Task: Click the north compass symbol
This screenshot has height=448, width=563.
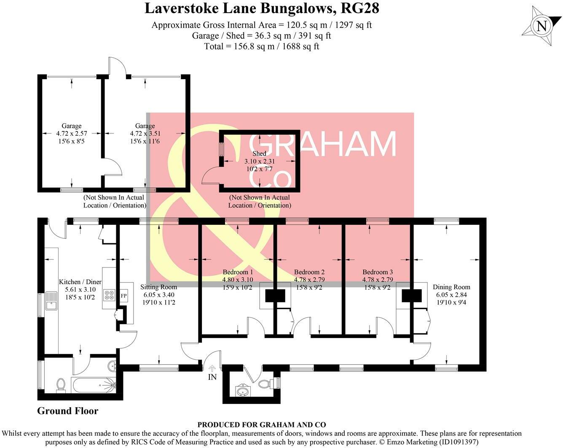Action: [542, 27]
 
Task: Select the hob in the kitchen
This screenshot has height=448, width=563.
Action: [109, 295]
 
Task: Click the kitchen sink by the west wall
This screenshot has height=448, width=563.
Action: [52, 301]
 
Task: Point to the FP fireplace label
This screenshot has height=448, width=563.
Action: [124, 296]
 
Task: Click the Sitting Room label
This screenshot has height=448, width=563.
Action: [158, 287]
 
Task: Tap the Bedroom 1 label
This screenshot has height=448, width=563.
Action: [238, 272]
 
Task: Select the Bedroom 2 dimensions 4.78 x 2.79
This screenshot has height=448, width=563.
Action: [309, 280]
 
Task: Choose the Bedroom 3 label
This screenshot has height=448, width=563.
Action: [378, 272]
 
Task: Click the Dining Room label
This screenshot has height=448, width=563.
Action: [451, 287]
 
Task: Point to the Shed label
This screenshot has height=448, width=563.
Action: [259, 154]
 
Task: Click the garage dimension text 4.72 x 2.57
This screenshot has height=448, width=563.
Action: [71, 133]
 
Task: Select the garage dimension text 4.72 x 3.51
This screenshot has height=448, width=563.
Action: [145, 133]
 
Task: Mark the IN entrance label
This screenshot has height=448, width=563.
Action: [212, 377]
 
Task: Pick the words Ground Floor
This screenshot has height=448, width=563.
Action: [67, 411]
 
